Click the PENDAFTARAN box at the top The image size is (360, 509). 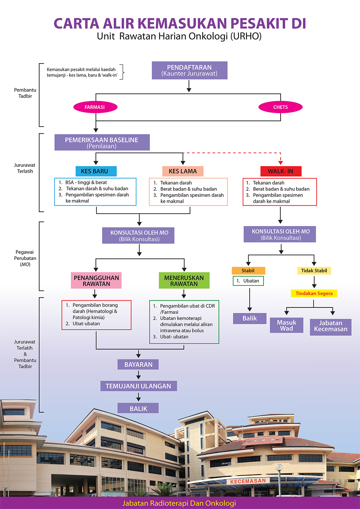[189, 71]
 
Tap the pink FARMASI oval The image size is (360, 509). [95, 107]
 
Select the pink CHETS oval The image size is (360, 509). [280, 107]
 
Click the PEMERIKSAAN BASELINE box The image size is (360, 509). [102, 143]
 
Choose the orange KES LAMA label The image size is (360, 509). [183, 171]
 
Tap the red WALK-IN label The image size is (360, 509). [281, 171]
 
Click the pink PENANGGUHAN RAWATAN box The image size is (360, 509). [96, 281]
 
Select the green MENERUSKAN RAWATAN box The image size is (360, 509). [184, 281]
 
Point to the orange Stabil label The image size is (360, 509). [248, 271]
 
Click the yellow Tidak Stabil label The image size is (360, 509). [314, 271]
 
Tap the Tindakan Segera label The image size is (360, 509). [314, 294]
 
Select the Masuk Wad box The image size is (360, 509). [286, 325]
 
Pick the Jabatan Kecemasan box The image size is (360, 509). [330, 326]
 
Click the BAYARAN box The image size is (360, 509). [138, 365]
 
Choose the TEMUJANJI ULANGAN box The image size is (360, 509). [138, 386]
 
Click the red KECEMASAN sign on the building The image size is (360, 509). [248, 481]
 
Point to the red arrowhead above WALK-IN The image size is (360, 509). [281, 163]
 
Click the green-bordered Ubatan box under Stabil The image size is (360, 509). [248, 281]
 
